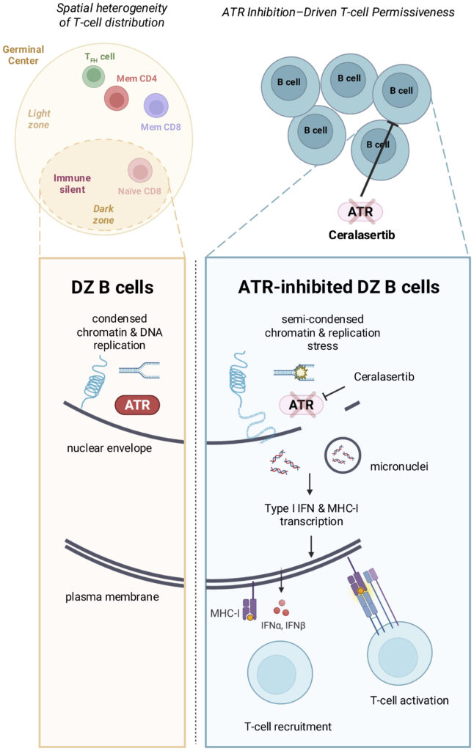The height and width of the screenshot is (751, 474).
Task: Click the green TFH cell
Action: [92, 75]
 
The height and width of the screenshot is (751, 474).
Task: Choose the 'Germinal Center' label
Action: [23, 56]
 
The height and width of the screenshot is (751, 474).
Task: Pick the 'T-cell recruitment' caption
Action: [287, 727]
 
